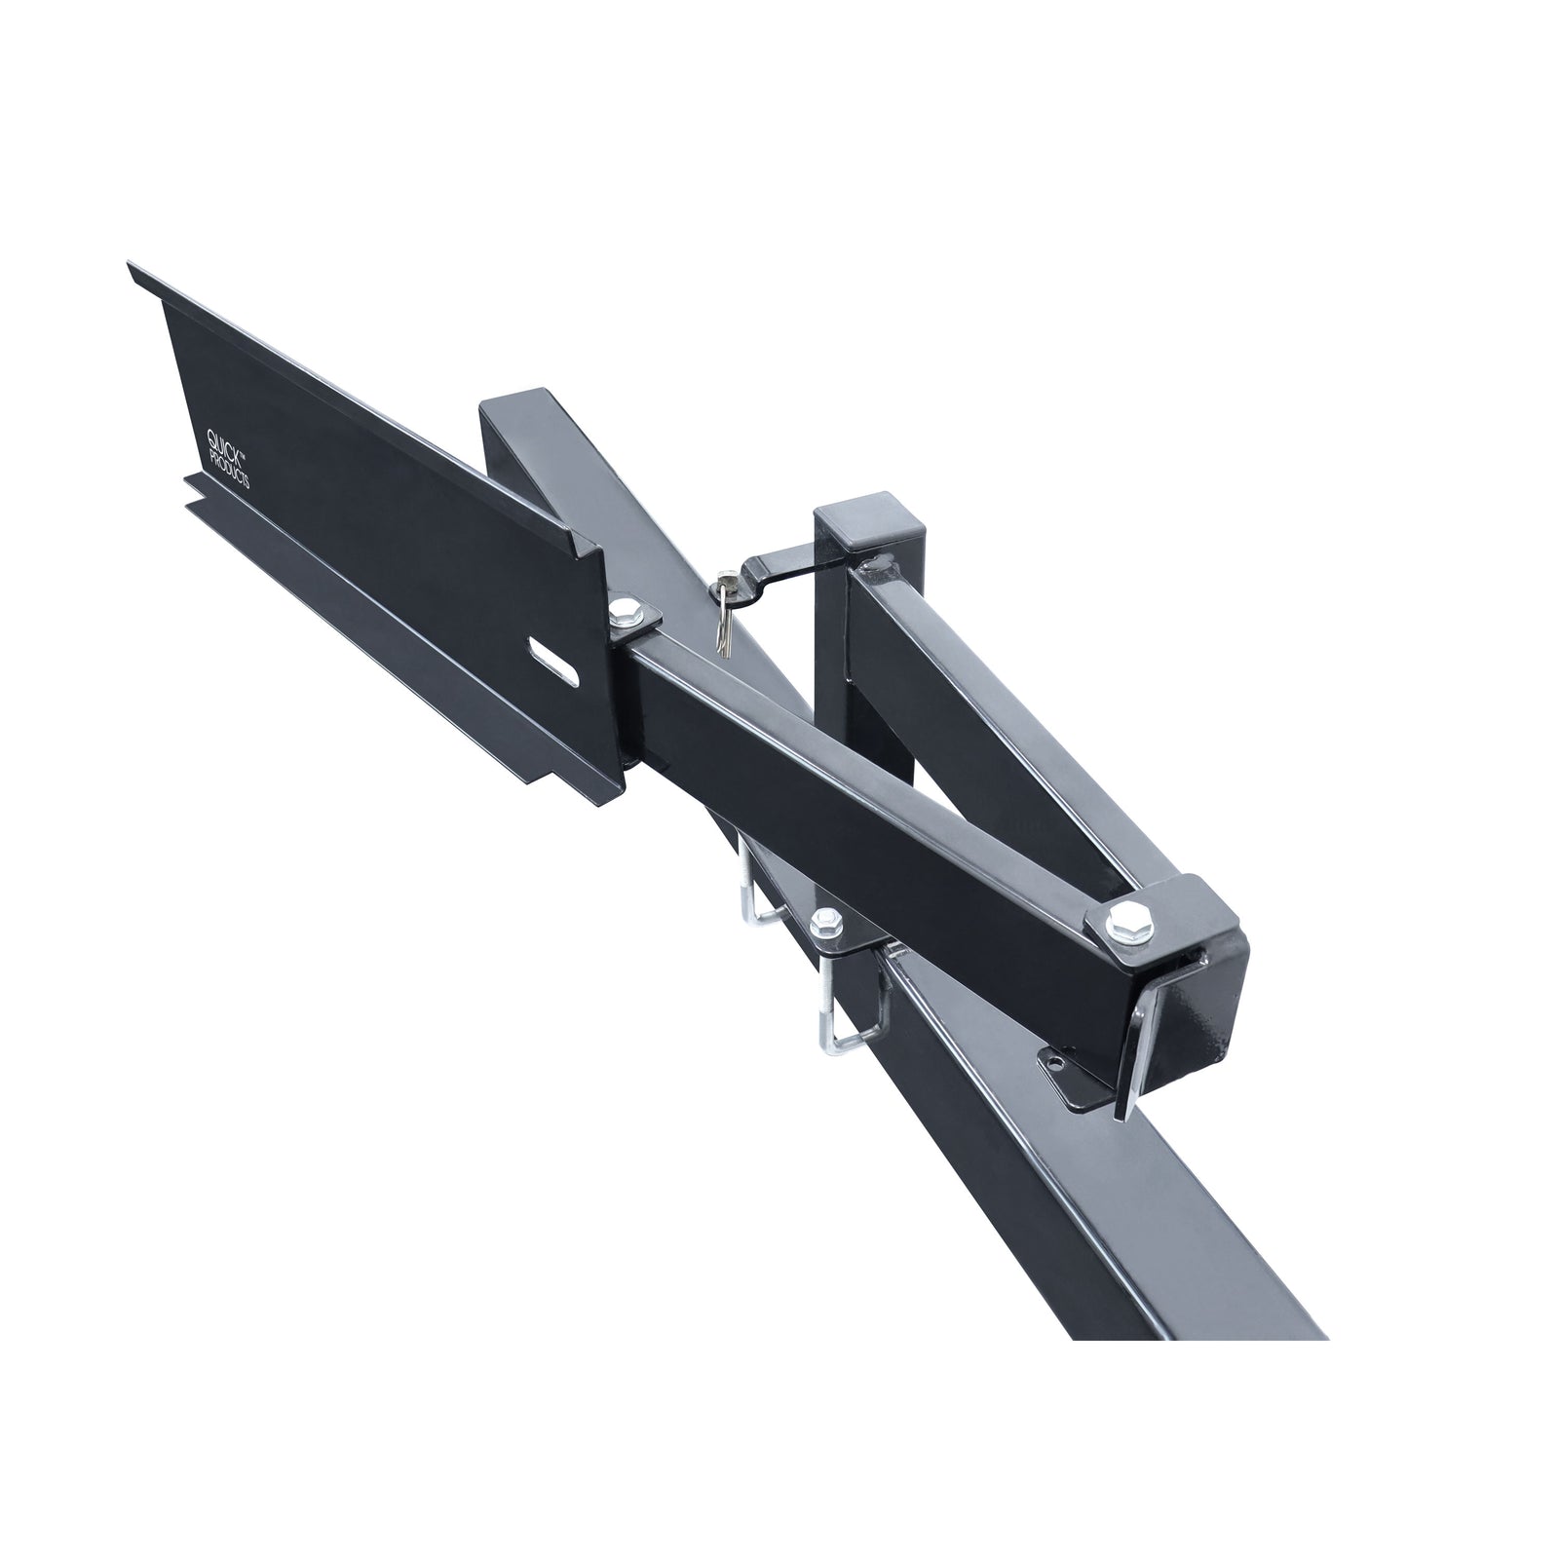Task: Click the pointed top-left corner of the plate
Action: point(133,266)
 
